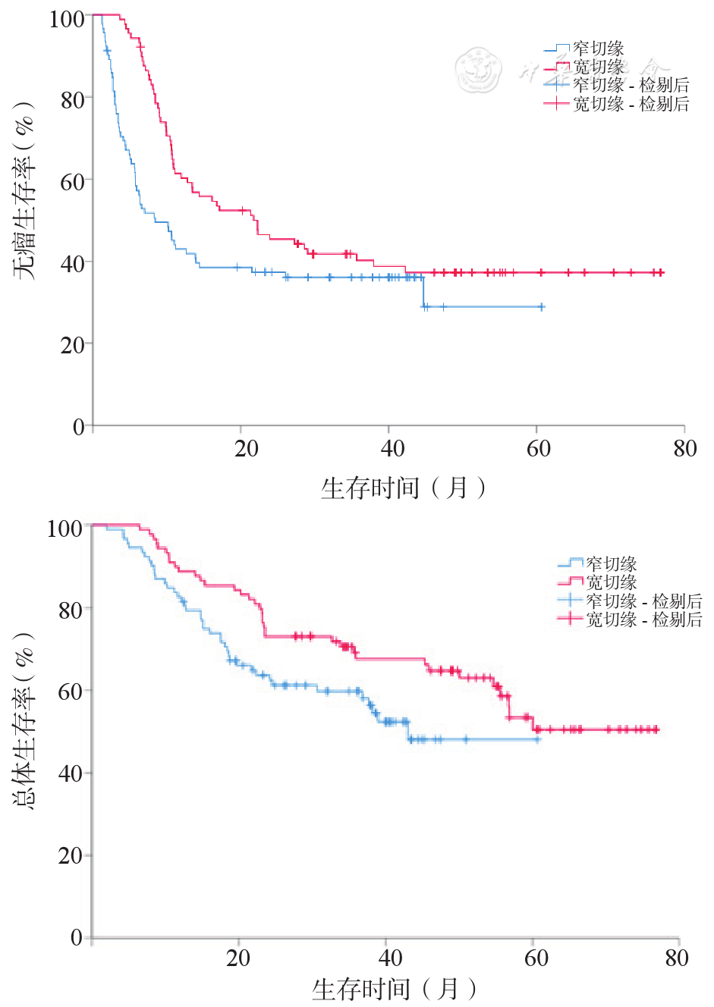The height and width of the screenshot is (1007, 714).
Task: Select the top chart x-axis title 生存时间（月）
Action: coord(403,488)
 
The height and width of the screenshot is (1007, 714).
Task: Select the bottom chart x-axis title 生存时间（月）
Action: coord(395,989)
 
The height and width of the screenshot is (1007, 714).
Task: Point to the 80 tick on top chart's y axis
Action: coord(72,99)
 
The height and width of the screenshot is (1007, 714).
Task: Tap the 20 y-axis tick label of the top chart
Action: coord(72,345)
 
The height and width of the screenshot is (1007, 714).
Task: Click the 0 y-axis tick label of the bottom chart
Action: coord(76,937)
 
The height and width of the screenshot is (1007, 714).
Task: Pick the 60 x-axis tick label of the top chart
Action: coord(538,449)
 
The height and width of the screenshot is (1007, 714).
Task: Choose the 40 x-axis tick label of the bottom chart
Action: coord(390,958)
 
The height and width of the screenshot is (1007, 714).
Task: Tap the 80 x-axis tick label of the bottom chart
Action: coord(676,958)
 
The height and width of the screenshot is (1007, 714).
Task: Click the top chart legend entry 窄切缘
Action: coord(599,49)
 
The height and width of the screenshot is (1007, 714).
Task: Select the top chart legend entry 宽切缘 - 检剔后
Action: coord(631,104)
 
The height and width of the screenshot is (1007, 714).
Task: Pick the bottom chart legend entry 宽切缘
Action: coord(611,582)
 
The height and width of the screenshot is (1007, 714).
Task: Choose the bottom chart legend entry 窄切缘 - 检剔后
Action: coord(643,601)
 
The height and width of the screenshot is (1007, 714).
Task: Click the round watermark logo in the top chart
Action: coord(479,70)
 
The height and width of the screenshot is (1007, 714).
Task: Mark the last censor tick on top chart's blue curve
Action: coord(542,307)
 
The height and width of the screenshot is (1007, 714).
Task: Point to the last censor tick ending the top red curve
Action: coord(661,272)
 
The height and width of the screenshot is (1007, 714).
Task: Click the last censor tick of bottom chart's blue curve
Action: coord(537,739)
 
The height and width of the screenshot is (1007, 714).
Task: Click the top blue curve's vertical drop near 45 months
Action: coord(423,292)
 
